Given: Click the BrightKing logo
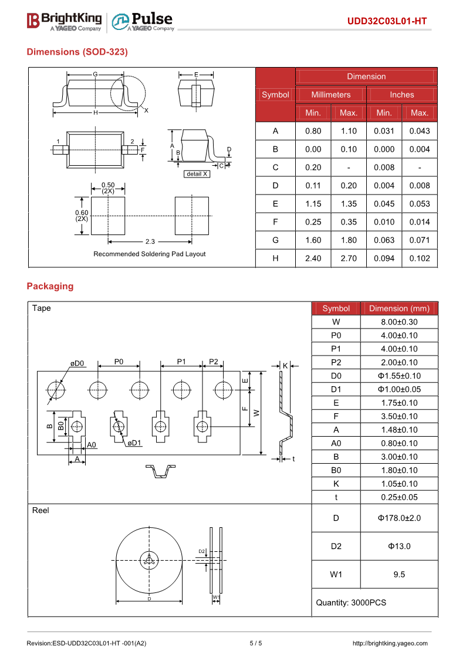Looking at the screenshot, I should [x=65, y=21].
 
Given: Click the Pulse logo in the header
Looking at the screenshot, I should [x=143, y=21].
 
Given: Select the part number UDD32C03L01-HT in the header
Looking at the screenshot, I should [x=387, y=22].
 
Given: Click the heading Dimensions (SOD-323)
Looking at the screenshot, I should [x=77, y=52].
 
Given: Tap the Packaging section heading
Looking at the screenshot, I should [x=50, y=286].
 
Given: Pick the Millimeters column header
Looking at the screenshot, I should [x=330, y=95].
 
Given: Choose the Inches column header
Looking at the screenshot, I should [x=401, y=95].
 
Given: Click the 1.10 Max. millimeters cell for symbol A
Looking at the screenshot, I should [x=349, y=131].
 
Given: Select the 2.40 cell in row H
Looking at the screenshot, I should [x=313, y=259].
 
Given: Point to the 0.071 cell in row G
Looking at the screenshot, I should [x=420, y=240].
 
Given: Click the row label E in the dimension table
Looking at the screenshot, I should [x=275, y=204].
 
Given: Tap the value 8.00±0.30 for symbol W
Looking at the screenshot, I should [x=399, y=322].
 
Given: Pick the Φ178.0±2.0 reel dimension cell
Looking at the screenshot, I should [x=399, y=518].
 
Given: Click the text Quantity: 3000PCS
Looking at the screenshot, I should [x=351, y=602].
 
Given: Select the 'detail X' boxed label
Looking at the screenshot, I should [x=197, y=174].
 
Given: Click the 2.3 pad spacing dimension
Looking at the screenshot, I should [x=150, y=242].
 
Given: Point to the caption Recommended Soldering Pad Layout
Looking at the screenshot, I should [x=150, y=254].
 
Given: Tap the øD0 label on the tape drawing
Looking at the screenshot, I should [x=77, y=363].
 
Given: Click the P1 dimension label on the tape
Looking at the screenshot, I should [x=181, y=361].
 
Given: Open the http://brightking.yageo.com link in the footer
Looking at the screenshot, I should [x=390, y=644].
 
